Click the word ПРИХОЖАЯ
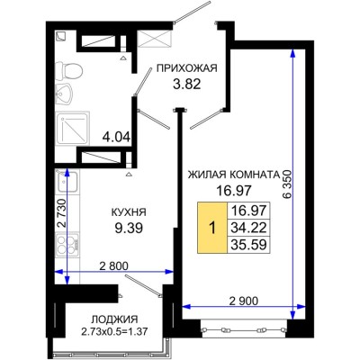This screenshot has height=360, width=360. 188,67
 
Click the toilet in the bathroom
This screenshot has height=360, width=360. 73,71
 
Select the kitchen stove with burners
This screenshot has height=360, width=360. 66,246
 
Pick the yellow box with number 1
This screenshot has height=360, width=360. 212,228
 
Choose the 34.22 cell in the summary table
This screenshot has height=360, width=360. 247,229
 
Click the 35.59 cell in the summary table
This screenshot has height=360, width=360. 247,245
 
